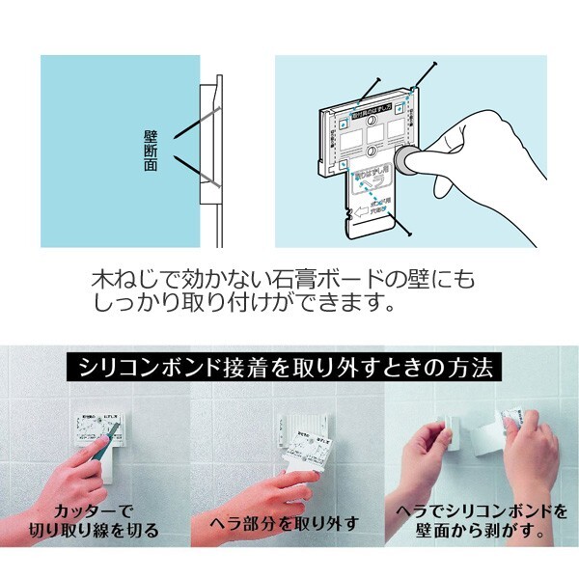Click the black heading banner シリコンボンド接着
click(x=289, y=369)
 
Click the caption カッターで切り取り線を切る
click(x=105, y=520)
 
